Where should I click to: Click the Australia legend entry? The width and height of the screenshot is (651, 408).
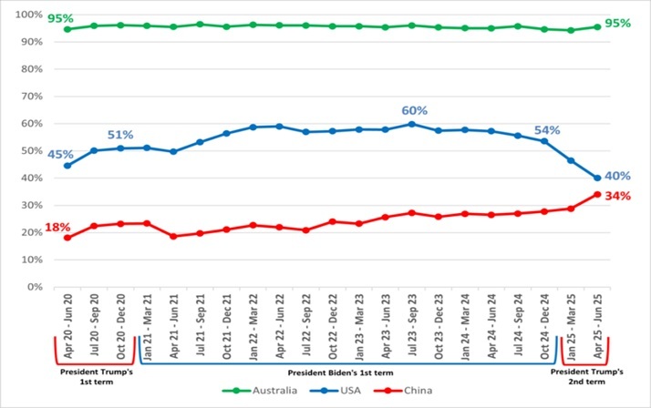[260, 391]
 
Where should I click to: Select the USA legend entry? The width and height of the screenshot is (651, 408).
[336, 391]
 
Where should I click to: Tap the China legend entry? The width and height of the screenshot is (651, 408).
[403, 391]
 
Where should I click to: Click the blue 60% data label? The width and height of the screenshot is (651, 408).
[414, 111]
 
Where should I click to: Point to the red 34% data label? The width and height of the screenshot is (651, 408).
[618, 196]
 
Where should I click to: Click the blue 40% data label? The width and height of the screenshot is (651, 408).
[618, 176]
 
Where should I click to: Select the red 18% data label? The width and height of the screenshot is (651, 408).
[57, 227]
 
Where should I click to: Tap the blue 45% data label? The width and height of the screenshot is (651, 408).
[60, 155]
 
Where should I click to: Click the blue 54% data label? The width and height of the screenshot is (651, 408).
[547, 130]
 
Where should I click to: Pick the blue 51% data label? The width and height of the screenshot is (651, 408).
[120, 135]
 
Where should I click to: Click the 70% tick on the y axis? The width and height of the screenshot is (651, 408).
[32, 97]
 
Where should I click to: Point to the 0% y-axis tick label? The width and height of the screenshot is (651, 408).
[35, 287]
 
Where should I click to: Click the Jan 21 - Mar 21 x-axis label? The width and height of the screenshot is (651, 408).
[147, 326]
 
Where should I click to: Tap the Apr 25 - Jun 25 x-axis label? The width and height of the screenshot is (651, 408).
[598, 326]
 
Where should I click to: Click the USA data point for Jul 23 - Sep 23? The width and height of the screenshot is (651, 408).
[412, 124]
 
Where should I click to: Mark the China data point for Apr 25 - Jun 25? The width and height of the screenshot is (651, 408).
[597, 194]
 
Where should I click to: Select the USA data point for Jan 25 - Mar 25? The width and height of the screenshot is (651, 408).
[571, 160]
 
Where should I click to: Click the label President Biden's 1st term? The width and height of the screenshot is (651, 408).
[340, 372]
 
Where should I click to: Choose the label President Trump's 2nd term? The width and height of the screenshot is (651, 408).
[586, 376]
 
